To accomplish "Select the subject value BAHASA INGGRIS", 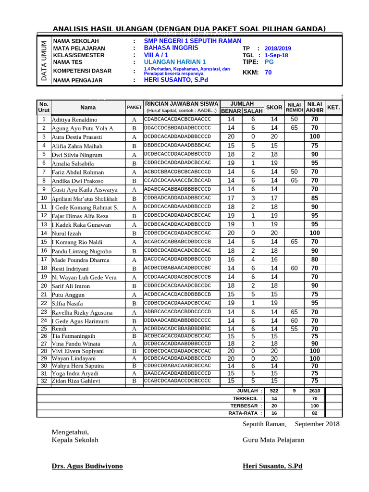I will click(171, 48).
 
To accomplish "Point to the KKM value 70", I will click(268, 73).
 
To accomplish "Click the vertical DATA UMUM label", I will click(44, 61).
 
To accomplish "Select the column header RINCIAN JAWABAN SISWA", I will click(182, 103).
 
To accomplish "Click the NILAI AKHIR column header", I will click(315, 107).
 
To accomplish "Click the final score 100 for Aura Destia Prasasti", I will click(315, 136).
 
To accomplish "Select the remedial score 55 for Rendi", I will click(295, 329).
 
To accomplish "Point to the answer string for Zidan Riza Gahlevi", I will click(177, 381).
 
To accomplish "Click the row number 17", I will click(44, 259).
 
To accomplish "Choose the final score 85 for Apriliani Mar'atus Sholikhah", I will click(315, 197).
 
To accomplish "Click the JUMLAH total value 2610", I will click(315, 391).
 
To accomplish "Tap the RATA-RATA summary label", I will click(245, 413).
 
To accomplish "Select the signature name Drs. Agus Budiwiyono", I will click(87, 466).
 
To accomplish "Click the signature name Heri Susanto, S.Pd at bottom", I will click(272, 466).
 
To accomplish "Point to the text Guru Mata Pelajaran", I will click(273, 440).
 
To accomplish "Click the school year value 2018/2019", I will click(278, 49).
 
